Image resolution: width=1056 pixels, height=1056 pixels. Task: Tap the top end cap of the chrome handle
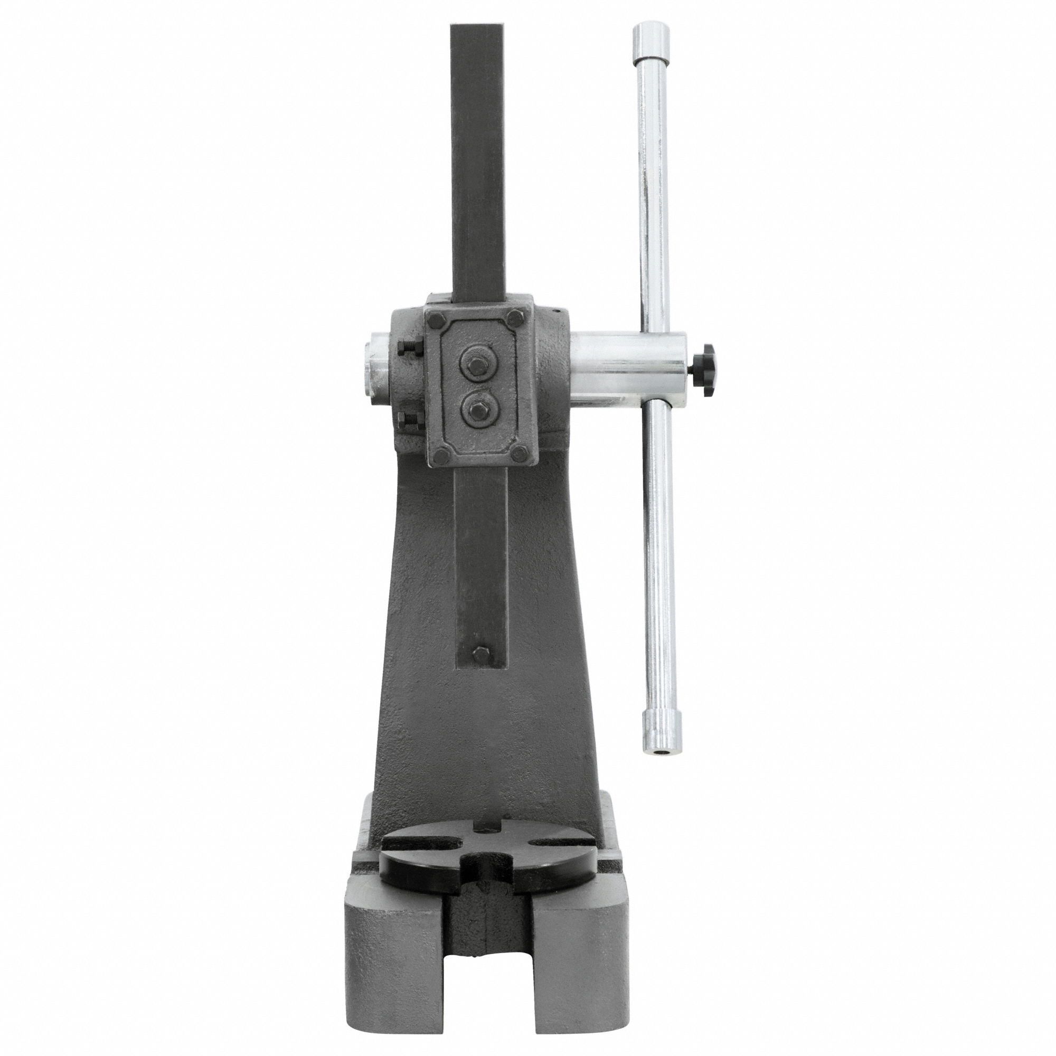click(x=651, y=38)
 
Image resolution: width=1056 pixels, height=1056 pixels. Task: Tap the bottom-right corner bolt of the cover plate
click(x=521, y=451)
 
